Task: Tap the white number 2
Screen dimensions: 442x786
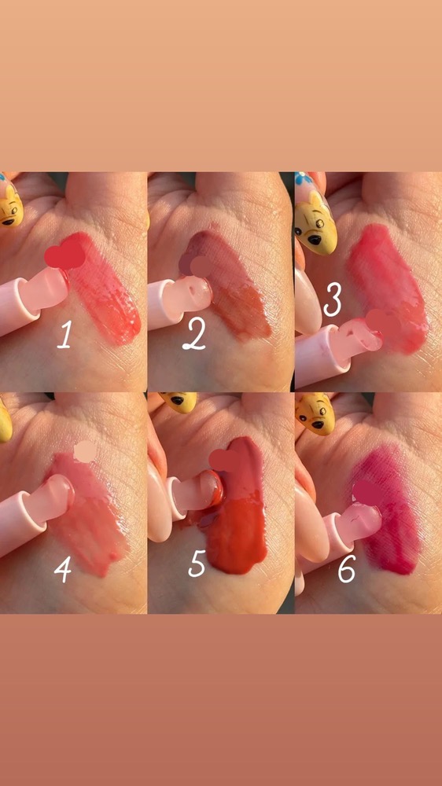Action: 194,337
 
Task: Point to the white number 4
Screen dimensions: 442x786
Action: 62,570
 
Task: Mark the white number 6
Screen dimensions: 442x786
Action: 347,569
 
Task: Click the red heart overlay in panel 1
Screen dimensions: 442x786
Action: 64,255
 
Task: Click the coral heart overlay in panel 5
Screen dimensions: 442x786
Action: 224,460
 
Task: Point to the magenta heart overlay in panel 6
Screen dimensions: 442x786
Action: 367,492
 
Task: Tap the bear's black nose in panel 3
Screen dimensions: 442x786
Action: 315,240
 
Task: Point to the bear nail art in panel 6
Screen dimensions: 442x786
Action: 314,413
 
